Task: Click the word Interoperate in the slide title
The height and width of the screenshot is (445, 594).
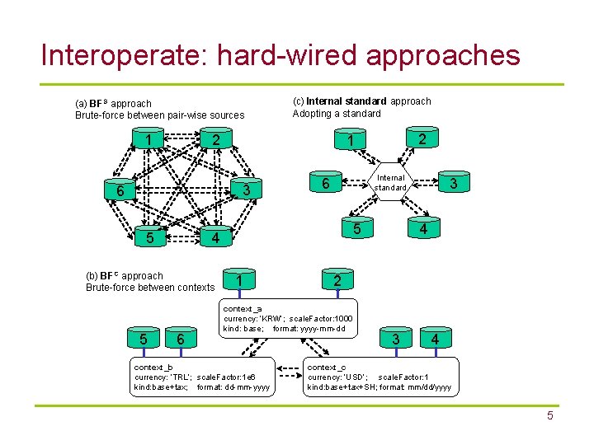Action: point(123,55)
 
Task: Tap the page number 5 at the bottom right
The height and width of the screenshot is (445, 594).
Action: point(549,416)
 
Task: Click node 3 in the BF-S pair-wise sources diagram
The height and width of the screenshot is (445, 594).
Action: point(245,191)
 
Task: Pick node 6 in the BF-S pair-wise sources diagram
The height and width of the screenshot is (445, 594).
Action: point(120,191)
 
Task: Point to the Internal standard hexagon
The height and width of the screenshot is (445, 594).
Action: point(390,183)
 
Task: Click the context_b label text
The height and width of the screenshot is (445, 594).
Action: point(153,367)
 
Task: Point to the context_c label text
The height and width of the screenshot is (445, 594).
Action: point(327,367)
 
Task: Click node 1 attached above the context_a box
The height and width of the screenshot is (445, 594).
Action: point(238,281)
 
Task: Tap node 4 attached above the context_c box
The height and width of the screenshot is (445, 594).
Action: point(435,339)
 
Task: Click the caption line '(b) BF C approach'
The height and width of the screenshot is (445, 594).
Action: point(125,276)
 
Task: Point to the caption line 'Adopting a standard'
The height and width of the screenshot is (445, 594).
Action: point(337,114)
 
